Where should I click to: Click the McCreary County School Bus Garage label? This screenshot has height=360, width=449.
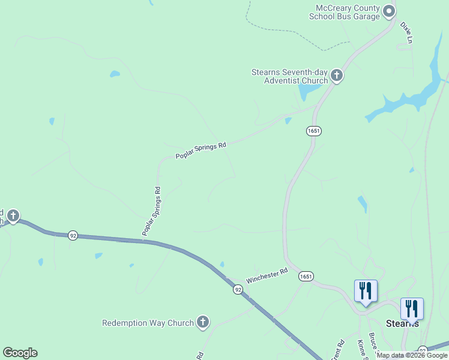point(344,12)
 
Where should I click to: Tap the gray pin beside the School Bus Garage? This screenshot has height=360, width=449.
point(389,10)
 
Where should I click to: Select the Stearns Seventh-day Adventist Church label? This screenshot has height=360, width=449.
point(289,76)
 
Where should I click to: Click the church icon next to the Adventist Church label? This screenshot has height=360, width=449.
point(337,76)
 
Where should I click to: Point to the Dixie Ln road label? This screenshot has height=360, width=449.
point(406,32)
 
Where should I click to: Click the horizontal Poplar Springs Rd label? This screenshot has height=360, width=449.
point(200,151)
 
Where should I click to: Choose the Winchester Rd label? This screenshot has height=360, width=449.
point(267,276)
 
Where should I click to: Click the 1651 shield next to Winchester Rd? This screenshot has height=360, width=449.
point(306,276)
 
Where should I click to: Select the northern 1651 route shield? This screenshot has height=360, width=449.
point(313,130)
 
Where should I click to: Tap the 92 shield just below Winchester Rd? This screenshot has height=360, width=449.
point(238,290)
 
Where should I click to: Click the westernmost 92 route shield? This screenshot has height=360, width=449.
point(73,235)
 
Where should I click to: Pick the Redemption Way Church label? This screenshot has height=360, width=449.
point(148,323)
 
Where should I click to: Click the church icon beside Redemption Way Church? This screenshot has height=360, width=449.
point(203,323)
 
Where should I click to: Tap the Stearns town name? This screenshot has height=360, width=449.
point(402,323)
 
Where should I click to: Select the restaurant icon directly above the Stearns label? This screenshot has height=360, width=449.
point(412,309)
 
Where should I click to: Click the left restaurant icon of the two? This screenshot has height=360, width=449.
point(366,291)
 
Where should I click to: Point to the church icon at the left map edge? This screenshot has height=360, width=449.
point(13,216)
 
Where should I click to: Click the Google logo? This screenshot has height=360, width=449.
point(20,353)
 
